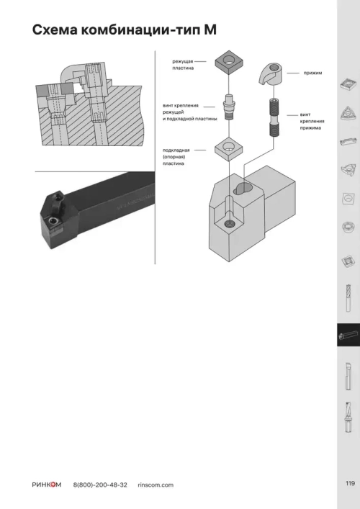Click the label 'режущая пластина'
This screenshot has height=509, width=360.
click(183, 65)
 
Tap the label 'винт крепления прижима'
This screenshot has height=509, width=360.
click(312, 121)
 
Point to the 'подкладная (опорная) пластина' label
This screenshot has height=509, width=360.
click(176, 156)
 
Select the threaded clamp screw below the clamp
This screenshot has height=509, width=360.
click(274, 117)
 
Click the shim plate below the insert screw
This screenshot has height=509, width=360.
click(230, 148)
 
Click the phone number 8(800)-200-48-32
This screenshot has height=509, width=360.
click(100, 485)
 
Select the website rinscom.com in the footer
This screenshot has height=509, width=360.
click(155, 485)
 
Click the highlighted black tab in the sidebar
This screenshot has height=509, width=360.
click(348, 335)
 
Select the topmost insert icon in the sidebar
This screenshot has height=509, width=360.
click(348, 85)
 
